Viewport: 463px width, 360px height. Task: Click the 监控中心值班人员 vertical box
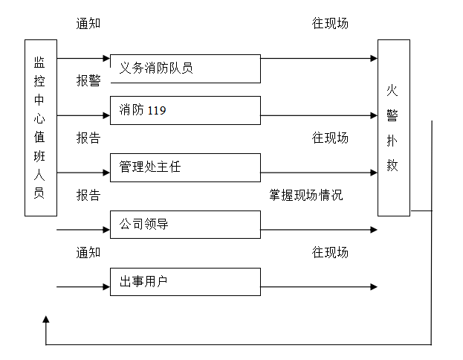[x=41, y=128]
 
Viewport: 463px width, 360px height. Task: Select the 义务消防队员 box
[x=185, y=68]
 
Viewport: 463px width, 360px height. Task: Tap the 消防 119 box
[x=185, y=111]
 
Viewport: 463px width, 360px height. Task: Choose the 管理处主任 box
[x=185, y=167]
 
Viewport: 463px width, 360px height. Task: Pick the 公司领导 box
[x=185, y=225]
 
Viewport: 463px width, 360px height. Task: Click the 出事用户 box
[x=185, y=282]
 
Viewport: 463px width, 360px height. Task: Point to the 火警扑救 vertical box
[x=393, y=128]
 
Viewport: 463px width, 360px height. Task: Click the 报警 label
[x=88, y=81]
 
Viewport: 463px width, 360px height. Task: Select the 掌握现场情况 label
[x=306, y=196]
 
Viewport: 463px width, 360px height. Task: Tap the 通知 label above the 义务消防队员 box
[x=88, y=23]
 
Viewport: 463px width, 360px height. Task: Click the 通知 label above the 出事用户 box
[x=88, y=253]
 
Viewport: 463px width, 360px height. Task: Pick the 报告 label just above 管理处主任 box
[x=88, y=138]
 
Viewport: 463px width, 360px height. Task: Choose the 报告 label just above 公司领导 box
[x=88, y=196]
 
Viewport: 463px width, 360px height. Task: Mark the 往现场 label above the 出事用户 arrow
[x=330, y=253]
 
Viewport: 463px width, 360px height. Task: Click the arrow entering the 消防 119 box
[x=83, y=115]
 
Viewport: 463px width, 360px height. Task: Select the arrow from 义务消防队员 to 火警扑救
[x=319, y=58]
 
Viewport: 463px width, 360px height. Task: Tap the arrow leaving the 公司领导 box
[x=319, y=230]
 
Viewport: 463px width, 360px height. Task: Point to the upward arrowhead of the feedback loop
[x=46, y=320]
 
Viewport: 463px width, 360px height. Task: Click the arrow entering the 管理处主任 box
[x=83, y=173]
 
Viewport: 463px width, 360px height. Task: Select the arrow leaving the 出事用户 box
[x=319, y=287]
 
